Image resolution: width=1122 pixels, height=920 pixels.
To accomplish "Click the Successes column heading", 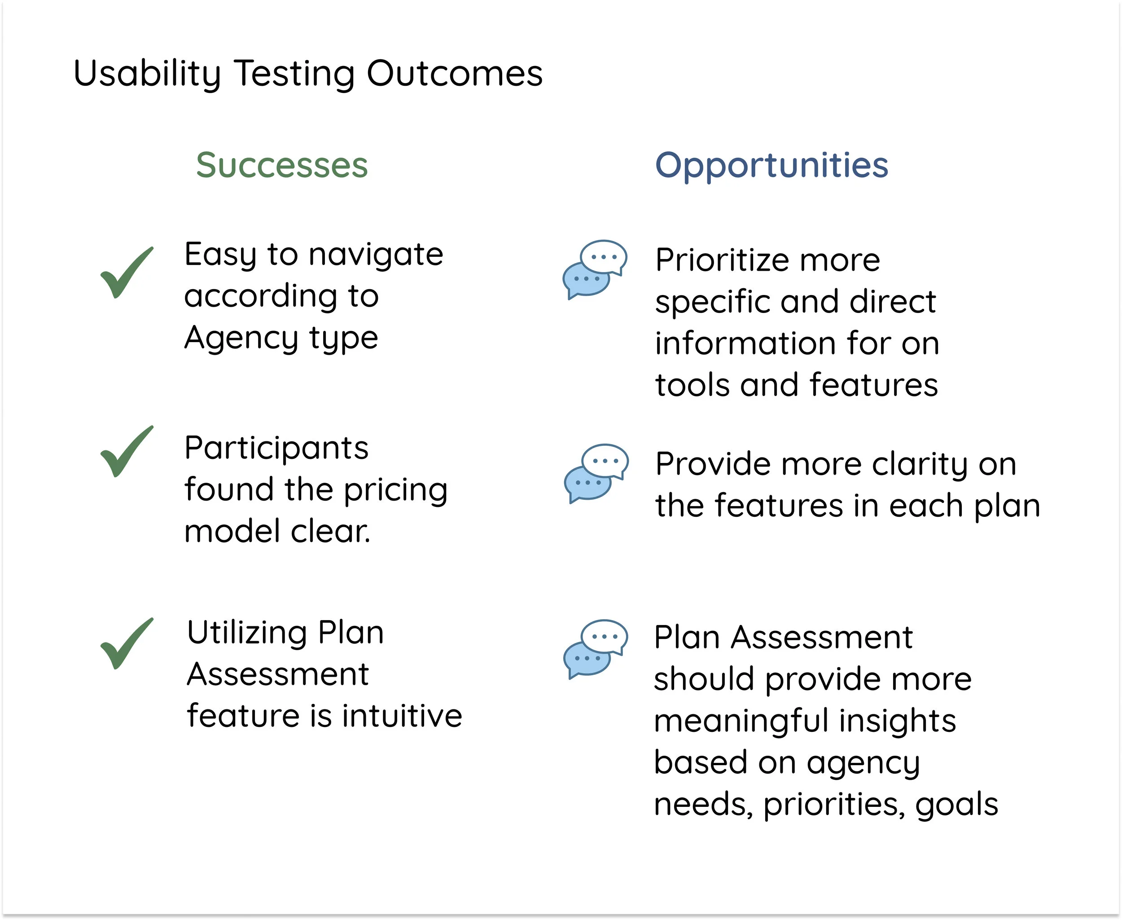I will pyautogui.click(x=282, y=165).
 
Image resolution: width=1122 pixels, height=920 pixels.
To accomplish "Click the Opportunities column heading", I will pyautogui.click(x=771, y=165).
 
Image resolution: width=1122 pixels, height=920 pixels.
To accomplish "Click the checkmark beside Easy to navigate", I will pyautogui.click(x=126, y=273).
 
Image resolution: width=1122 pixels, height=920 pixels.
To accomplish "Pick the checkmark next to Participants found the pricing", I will pyautogui.click(x=126, y=452).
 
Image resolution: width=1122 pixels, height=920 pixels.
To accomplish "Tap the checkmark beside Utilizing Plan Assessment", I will pyautogui.click(x=126, y=644).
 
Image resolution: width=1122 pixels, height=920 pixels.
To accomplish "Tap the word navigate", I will pyautogui.click(x=376, y=255).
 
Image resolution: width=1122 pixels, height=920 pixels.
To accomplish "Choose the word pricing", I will pyautogui.click(x=395, y=490).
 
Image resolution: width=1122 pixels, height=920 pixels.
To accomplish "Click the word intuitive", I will pyautogui.click(x=402, y=716).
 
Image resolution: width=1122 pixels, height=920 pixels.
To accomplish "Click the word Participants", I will pyautogui.click(x=276, y=449).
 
